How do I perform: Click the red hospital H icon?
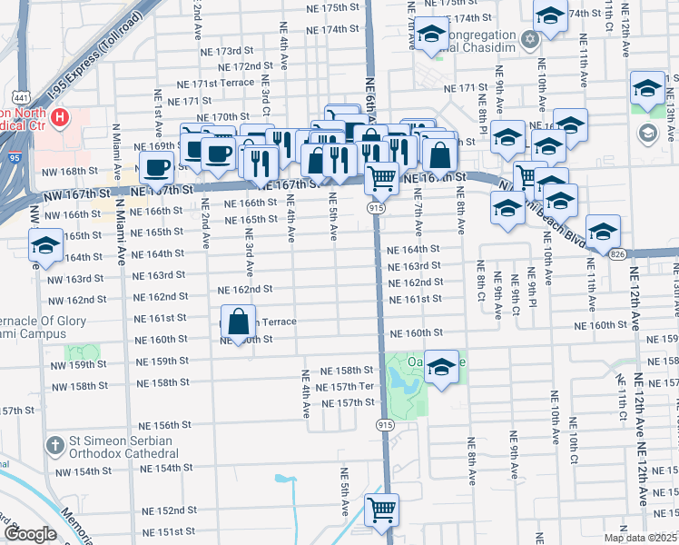[x=61, y=116]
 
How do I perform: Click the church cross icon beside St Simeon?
[x=54, y=445]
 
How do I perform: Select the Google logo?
[x=30, y=534]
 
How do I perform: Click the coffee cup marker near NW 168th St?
[x=156, y=167]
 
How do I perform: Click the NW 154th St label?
[x=82, y=471]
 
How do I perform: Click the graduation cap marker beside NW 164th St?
[x=44, y=245]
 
